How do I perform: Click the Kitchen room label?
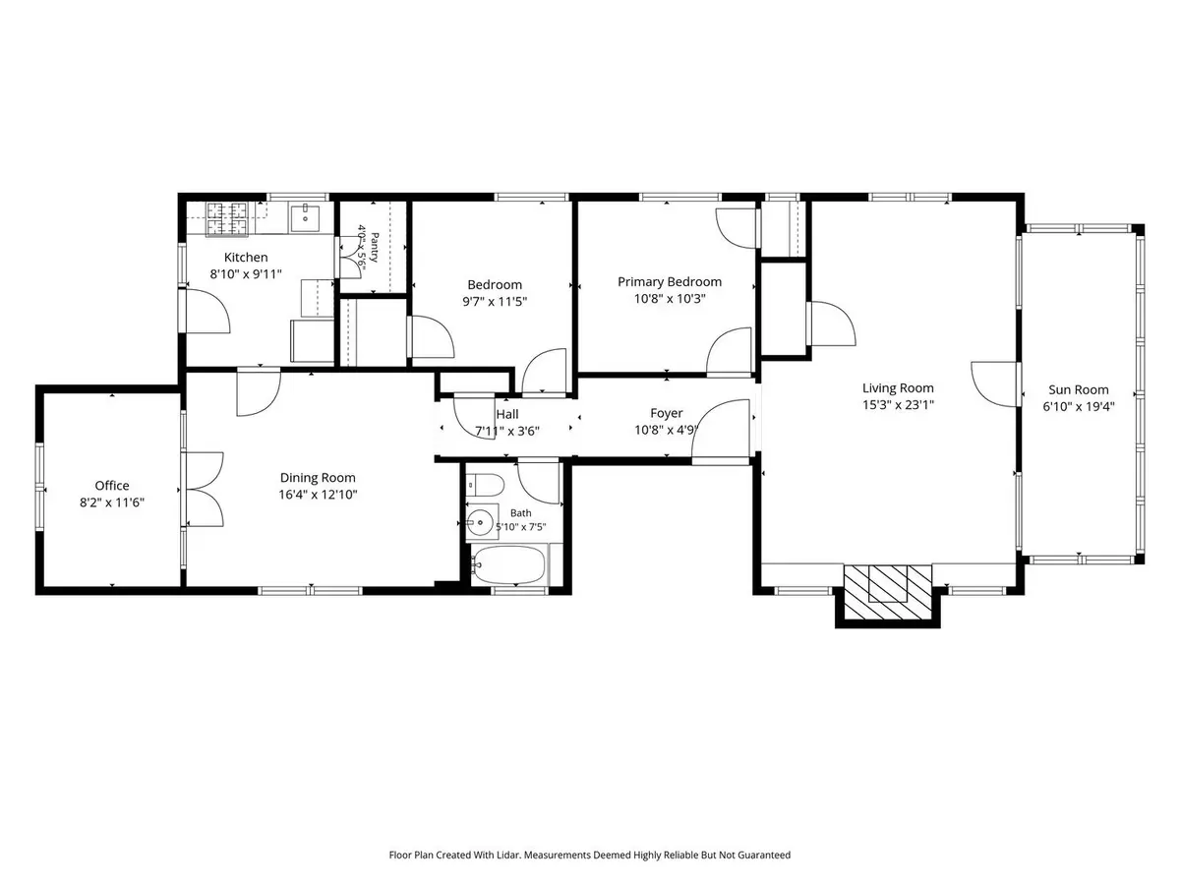[x=246, y=258]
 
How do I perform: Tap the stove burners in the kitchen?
[x=226, y=218]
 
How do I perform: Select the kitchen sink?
[x=305, y=218]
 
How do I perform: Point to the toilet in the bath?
[x=484, y=485]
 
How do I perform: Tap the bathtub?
[x=508, y=564]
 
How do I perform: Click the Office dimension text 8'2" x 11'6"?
[x=112, y=502]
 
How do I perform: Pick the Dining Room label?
[x=318, y=478]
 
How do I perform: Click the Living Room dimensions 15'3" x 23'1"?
[x=898, y=404]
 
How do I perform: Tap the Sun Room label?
[x=1079, y=389]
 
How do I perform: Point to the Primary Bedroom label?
[x=670, y=282]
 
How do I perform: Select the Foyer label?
[x=666, y=413]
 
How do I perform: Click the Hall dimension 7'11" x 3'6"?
[x=507, y=431]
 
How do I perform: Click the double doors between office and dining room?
[x=205, y=489]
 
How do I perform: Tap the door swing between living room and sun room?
[x=994, y=383]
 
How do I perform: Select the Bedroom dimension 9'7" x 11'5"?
[x=495, y=302]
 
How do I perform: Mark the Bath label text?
[x=520, y=513]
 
